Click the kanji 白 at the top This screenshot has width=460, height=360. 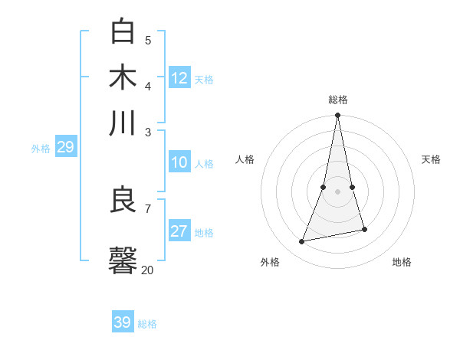point(123,31)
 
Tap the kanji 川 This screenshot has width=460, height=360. point(123,123)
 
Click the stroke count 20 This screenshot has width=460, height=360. point(147,270)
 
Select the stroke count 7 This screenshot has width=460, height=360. point(147,208)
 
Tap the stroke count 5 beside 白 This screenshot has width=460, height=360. point(147,40)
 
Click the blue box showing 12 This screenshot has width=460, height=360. point(179,78)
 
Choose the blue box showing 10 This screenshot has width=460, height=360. point(179,162)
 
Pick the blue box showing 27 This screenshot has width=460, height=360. point(179,231)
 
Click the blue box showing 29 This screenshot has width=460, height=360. point(65,147)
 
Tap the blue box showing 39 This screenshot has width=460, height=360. point(123,322)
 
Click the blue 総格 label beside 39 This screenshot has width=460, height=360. point(147,324)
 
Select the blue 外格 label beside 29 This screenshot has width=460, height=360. point(41,149)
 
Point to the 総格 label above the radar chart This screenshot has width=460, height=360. point(337,100)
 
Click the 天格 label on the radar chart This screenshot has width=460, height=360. point(431,159)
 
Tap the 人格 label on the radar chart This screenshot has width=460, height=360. point(245,159)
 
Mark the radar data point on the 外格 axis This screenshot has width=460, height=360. point(302,242)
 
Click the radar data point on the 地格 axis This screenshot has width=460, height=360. point(364,230)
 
